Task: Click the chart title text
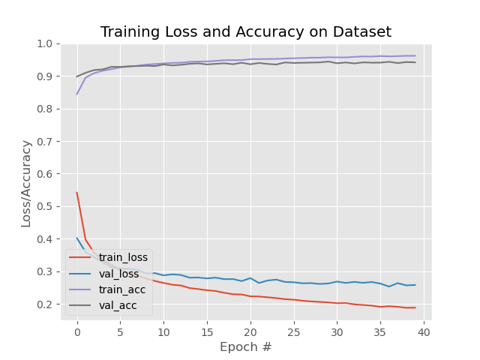coord(246,32)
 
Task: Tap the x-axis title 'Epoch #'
coord(246,347)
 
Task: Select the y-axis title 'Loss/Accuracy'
coord(26,183)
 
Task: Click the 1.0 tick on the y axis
coord(46,44)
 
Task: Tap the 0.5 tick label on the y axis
coord(46,206)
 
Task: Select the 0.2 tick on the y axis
coord(46,304)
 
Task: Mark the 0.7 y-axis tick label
coord(46,142)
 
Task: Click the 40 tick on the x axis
coord(424,331)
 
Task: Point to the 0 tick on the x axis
coord(76,331)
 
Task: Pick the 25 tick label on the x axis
coord(293,331)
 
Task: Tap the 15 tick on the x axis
coord(207,331)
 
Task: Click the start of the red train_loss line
coord(76,193)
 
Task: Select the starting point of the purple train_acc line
coord(76,94)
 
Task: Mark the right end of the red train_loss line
coord(415,307)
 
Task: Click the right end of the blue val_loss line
coord(415,285)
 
